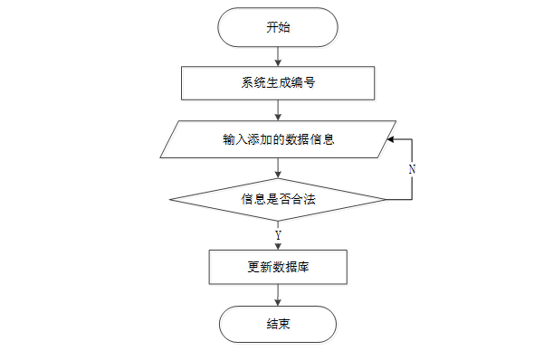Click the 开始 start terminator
(278, 27)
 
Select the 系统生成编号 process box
(278, 83)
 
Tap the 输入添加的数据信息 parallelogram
(278, 139)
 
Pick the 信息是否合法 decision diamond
(278, 200)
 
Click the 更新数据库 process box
(278, 267)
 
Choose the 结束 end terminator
(278, 324)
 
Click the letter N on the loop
(412, 170)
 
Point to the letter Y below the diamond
(278, 235)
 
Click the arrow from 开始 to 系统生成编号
(278, 56)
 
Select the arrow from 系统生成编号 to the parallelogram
(278, 110)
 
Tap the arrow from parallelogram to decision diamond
(278, 168)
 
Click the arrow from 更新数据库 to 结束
(278, 295)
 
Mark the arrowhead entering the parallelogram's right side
(390, 139)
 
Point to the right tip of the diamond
(386, 200)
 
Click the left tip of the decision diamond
(169, 200)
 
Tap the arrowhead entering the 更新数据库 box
(278, 247)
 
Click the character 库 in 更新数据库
(303, 267)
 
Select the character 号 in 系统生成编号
(309, 83)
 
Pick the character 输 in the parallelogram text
(229, 139)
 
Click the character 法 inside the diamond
(310, 199)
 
